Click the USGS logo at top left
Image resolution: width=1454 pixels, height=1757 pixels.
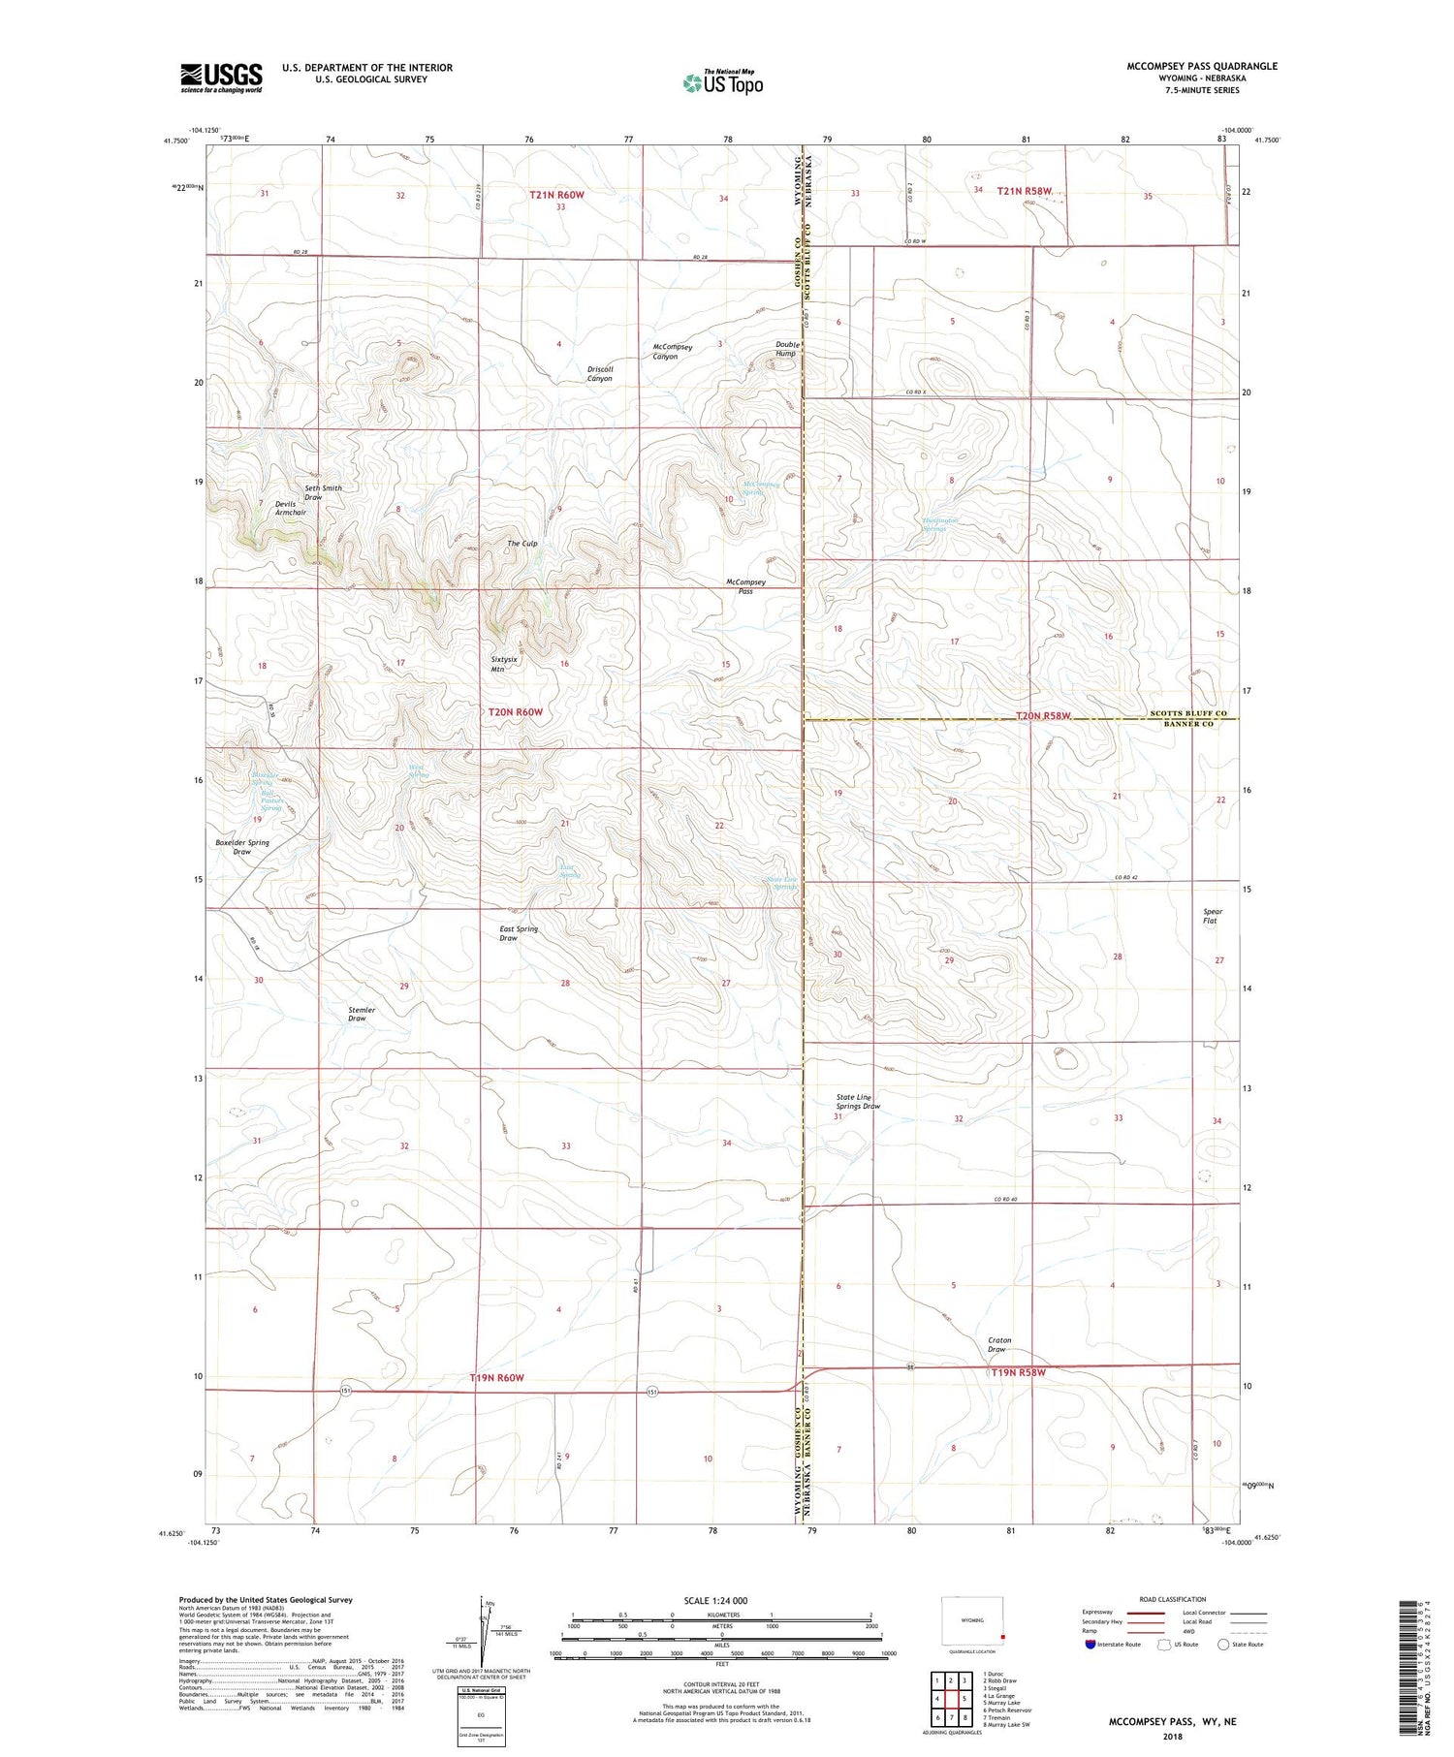tap(221, 78)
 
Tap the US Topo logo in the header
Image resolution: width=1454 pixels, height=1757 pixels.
tap(723, 83)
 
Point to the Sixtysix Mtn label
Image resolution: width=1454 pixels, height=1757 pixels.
tap(504, 664)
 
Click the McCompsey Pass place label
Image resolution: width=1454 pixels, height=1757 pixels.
tap(745, 586)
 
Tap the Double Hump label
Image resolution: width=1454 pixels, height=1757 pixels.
tap(785, 349)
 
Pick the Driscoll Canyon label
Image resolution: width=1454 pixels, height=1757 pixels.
tap(600, 373)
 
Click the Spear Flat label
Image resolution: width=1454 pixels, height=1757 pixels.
tap(1212, 916)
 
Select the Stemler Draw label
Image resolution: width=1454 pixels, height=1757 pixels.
tap(361, 1014)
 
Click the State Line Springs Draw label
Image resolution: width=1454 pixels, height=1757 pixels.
tap(858, 1101)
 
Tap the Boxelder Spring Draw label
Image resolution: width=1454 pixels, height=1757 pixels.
tap(242, 847)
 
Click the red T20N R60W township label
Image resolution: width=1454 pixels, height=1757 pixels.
tap(515, 711)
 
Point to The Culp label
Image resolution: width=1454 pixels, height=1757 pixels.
tap(522, 544)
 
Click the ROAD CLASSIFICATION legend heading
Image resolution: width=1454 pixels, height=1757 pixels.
tap(1173, 1599)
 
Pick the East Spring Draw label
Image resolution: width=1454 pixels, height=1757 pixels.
tap(519, 933)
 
